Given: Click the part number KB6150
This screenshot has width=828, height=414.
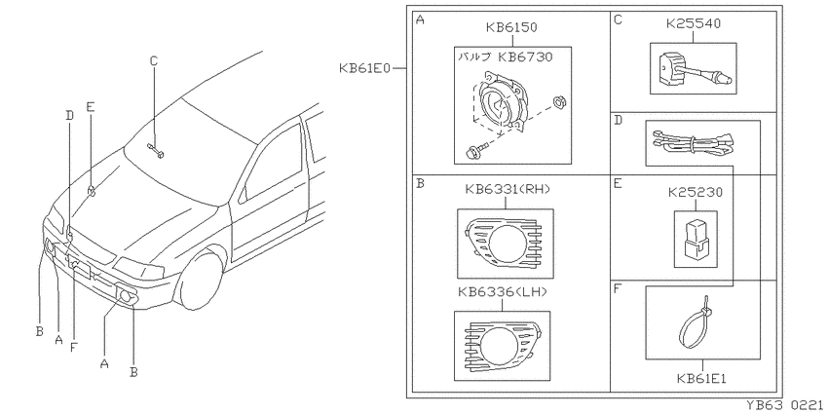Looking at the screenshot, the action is click(x=511, y=27).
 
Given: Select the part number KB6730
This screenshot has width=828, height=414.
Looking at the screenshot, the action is click(x=526, y=57).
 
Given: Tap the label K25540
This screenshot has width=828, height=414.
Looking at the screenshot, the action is click(x=693, y=23).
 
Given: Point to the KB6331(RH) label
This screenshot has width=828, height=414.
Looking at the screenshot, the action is click(x=508, y=189).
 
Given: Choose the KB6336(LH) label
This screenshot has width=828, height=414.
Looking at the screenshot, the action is click(x=503, y=291).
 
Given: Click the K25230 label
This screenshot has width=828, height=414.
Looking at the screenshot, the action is click(x=695, y=193).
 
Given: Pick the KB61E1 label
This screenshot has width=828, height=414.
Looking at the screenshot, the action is click(x=701, y=378).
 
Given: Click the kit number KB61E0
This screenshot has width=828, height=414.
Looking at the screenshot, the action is click(x=364, y=68).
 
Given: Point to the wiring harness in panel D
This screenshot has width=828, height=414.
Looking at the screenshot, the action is click(x=692, y=142).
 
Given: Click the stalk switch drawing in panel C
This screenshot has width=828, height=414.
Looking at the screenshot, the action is click(x=693, y=69).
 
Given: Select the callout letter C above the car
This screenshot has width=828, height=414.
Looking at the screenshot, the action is click(x=154, y=61).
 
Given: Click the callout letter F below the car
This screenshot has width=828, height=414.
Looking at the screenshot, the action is click(x=74, y=347).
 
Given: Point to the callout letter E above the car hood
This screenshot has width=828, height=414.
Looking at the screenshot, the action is click(x=91, y=106).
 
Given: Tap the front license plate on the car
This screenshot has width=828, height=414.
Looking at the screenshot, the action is click(x=81, y=269).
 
